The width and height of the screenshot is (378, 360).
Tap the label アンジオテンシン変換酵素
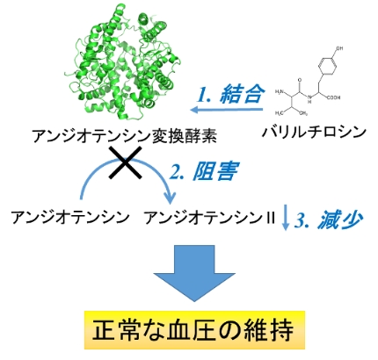coord(125,136)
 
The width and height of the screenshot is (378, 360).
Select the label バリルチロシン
coord(314,132)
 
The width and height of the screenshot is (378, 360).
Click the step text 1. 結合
coord(230,94)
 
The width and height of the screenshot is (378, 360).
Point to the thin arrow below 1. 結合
coord(226,110)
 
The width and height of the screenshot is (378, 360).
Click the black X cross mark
coord(126,162)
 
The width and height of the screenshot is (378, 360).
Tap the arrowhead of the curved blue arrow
coord(170,198)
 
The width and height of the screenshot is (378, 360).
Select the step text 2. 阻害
coord(204,171)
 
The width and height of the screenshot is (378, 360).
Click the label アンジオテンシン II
coord(210,218)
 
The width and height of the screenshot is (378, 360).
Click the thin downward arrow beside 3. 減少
coord(286,217)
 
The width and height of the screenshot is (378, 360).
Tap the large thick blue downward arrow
coord(194,273)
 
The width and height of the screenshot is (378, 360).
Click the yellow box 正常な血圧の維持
coord(194,330)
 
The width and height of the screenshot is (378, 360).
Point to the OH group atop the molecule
coord(339,48)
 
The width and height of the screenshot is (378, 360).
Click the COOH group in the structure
coord(333,97)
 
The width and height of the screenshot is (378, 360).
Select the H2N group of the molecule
coord(280,92)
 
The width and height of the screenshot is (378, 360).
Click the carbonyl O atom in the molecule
coord(300,80)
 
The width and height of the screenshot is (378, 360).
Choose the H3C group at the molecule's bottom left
coord(280,113)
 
